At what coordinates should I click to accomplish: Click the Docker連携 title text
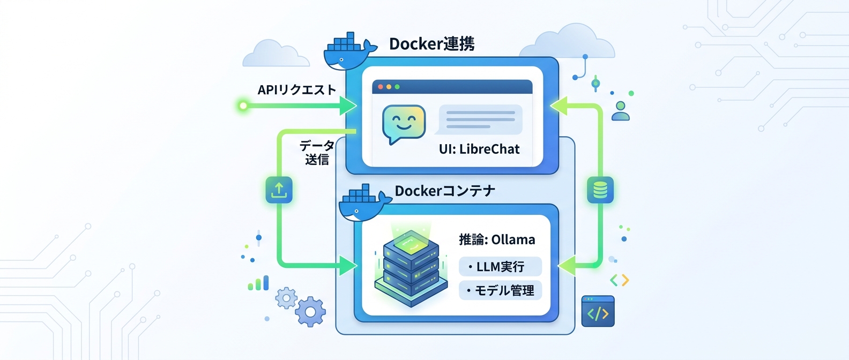pos(431,44)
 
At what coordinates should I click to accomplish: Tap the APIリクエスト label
pos(296,90)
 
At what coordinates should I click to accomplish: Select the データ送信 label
pos(317,153)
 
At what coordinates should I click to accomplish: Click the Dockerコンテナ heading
pos(445,191)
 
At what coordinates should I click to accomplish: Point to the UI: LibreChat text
pos(479,149)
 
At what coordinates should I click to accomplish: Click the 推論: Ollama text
pos(497,239)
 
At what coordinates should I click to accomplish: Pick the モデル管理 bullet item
pos(500,290)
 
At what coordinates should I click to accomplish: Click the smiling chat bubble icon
pos(404,124)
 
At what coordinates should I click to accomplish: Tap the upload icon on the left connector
pos(279,190)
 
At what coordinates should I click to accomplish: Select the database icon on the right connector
pos(600,190)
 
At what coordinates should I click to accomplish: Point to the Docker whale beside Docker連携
pos(347,52)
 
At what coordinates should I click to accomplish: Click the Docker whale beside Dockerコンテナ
pos(363,204)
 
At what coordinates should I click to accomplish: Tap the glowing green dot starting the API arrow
pos(243,106)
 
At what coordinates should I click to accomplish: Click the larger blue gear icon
pos(310,312)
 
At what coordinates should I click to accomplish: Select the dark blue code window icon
pos(598,311)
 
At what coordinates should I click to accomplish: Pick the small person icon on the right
pos(621,110)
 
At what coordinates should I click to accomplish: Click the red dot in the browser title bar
pos(381,87)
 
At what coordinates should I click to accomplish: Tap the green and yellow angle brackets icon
pos(620,280)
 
